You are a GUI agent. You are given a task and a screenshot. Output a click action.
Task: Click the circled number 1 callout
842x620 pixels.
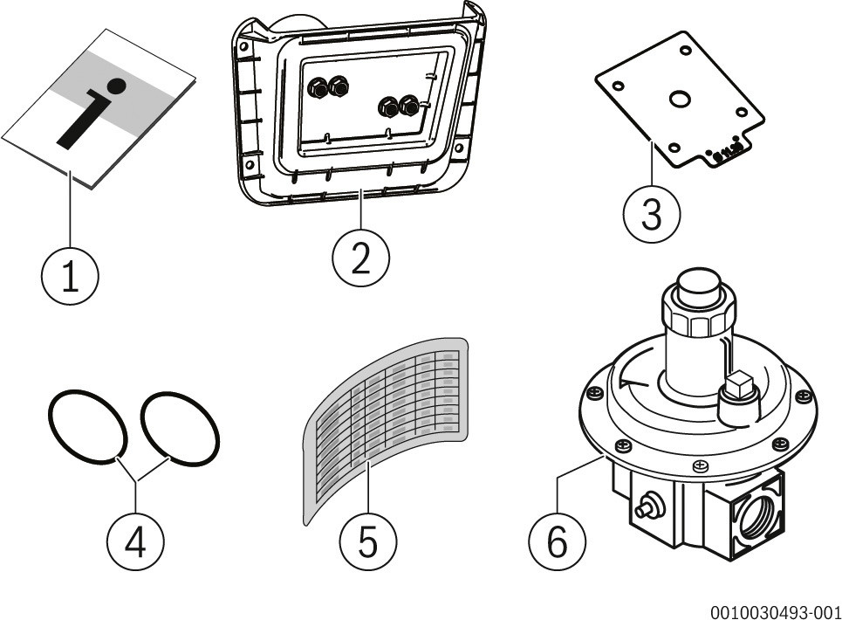point(70,276)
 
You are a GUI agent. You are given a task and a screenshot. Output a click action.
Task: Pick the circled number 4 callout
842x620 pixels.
point(135,542)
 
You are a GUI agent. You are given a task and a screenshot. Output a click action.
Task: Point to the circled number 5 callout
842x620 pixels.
point(368,542)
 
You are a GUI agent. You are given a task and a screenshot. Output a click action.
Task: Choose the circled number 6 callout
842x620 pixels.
point(558,542)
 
